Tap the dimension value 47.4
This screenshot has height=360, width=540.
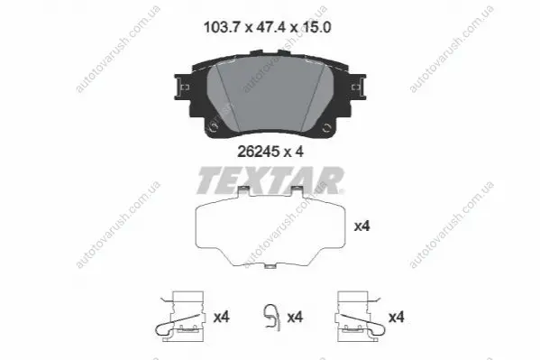(270, 27)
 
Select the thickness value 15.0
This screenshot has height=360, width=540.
(316, 27)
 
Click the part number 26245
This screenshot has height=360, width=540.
(259, 152)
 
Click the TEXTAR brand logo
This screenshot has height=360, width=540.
(270, 180)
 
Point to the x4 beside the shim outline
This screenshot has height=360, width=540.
(362, 226)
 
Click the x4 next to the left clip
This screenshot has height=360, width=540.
(222, 317)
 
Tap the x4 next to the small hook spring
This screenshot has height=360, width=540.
(295, 317)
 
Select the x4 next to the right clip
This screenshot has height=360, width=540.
(397, 317)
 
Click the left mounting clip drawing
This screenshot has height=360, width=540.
(182, 316)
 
